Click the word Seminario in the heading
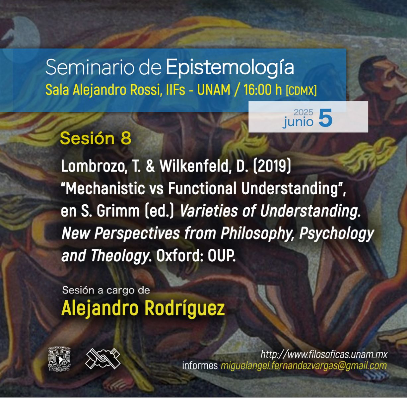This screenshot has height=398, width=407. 90,67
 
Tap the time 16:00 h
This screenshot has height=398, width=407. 262,90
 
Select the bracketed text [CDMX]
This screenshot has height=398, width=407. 301,91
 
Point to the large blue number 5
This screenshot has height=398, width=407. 325,117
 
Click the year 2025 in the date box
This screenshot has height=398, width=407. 303,112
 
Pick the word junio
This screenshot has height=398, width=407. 298,122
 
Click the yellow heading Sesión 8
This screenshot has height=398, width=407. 96,138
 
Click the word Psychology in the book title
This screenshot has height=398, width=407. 337,234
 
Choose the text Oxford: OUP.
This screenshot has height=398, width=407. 196,256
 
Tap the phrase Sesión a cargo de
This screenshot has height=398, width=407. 106,291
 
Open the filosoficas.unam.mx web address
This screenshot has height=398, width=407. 324,355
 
